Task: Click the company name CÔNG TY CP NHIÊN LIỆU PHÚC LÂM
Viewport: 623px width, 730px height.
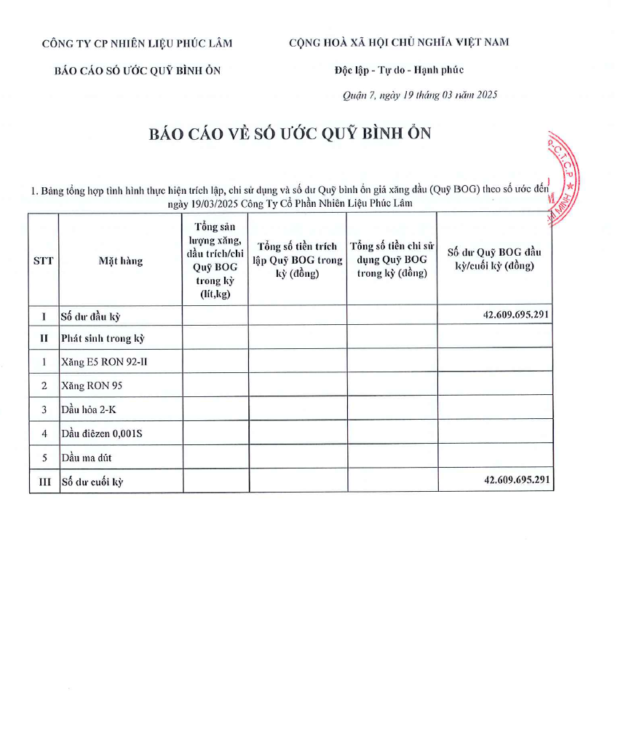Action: coord(138,42)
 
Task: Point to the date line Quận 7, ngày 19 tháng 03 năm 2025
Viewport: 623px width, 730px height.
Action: coord(420,95)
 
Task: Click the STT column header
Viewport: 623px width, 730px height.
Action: coord(44,260)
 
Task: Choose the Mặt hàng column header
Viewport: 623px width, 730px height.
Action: coord(121,260)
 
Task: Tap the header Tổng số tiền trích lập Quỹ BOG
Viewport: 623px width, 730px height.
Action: coord(297,260)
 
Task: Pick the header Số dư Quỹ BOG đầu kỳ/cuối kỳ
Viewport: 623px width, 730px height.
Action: coord(494,259)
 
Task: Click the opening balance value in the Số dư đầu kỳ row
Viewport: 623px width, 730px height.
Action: coord(515,315)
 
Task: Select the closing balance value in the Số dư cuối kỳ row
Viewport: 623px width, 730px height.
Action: coord(515,480)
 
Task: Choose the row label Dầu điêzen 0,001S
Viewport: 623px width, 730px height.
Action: coord(102,433)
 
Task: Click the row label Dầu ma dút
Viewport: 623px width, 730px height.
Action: coord(87,458)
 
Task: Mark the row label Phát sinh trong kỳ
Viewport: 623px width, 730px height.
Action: coord(103,338)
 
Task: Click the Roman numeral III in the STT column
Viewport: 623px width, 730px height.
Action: coord(44,482)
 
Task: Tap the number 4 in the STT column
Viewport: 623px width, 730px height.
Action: coord(44,433)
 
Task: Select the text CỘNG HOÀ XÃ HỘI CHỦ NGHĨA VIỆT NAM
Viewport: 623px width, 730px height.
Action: coord(399,42)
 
